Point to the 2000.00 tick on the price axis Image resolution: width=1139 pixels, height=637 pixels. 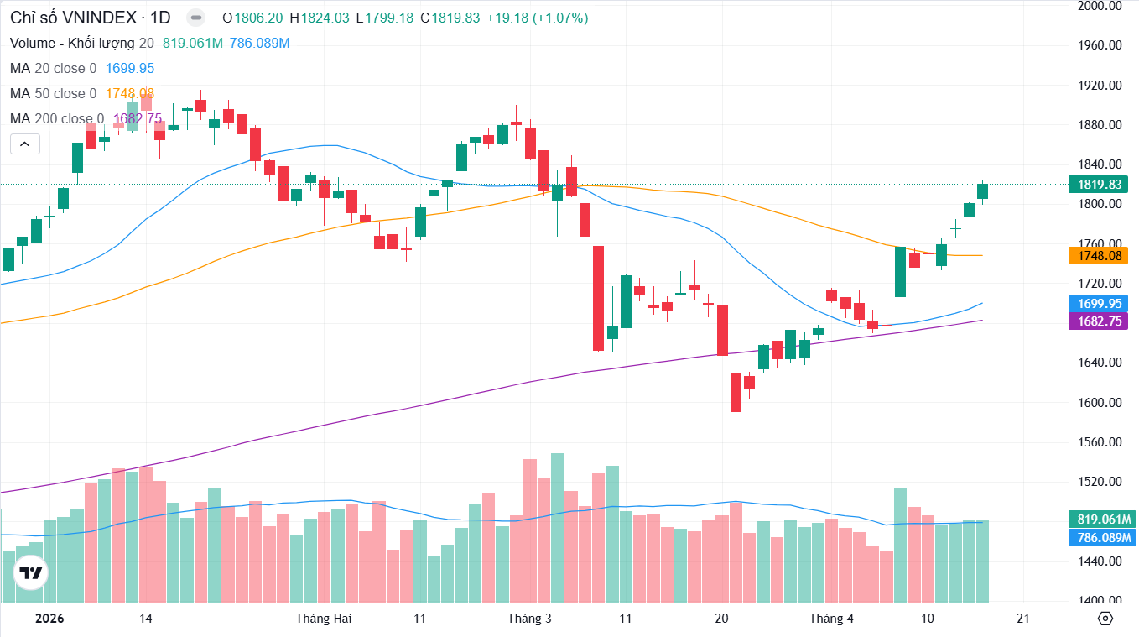(x=1099, y=6)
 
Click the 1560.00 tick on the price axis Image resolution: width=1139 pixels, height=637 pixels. (x=1099, y=442)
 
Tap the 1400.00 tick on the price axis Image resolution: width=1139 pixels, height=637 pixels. (x=1099, y=601)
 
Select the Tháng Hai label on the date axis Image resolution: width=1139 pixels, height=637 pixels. (x=324, y=619)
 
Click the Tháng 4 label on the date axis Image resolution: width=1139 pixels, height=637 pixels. (x=830, y=619)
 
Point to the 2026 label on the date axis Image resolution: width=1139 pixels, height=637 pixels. (x=49, y=619)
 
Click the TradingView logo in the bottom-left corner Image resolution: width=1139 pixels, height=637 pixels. (x=31, y=574)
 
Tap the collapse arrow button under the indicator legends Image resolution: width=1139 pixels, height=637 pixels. (x=25, y=144)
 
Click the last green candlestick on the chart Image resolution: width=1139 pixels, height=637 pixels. (x=982, y=191)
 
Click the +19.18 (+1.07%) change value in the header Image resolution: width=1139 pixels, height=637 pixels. (x=536, y=18)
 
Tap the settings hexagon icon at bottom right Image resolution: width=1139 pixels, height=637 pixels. (x=1105, y=619)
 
